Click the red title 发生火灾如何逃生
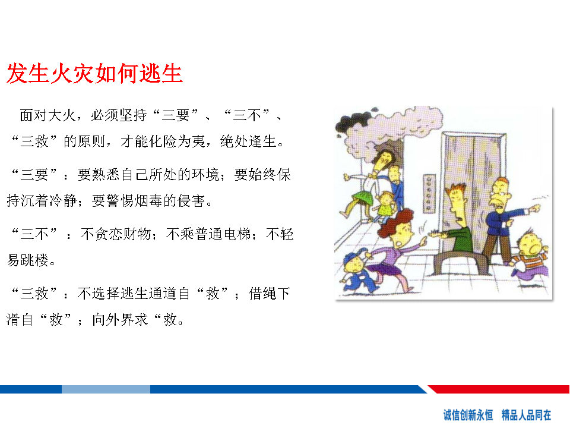pyautogui.click(x=94, y=74)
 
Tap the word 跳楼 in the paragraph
pyautogui.click(x=34, y=260)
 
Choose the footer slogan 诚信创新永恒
pyautogui.click(x=468, y=415)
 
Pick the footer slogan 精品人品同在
pyautogui.click(x=526, y=415)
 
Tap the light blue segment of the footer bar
pyautogui.click(x=106, y=389)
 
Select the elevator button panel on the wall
pyautogui.click(x=429, y=193)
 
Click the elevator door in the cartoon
pyautogui.click(x=473, y=189)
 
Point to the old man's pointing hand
pyautogui.click(x=535, y=209)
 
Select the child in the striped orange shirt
pyautogui.click(x=531, y=255)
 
